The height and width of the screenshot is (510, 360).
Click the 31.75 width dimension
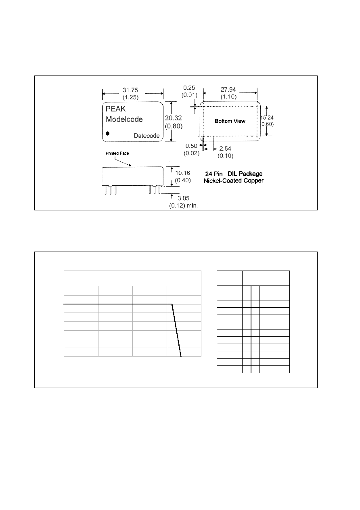click(130, 90)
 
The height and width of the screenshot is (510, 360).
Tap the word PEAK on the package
click(115, 109)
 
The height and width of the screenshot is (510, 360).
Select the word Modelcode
click(124, 119)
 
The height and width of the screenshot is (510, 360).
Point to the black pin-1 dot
click(108, 133)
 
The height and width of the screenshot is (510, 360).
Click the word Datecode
click(147, 136)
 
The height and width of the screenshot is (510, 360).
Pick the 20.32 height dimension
click(174, 118)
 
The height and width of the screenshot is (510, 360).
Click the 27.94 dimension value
click(228, 90)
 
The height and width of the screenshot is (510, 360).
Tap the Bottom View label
click(230, 121)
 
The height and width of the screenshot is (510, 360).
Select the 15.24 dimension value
click(267, 118)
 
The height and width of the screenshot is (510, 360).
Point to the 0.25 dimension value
click(189, 88)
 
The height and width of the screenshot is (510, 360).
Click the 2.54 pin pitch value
click(225, 149)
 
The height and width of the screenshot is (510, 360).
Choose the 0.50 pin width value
click(191, 146)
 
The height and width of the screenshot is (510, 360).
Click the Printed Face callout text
click(117, 153)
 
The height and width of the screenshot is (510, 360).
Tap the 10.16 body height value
click(182, 173)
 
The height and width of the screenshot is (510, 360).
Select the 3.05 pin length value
click(183, 198)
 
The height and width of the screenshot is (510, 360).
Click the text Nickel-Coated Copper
click(234, 181)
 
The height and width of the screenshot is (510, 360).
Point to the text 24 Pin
click(213, 174)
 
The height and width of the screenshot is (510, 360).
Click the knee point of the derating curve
click(172, 304)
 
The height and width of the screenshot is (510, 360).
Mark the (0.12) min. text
click(183, 206)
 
